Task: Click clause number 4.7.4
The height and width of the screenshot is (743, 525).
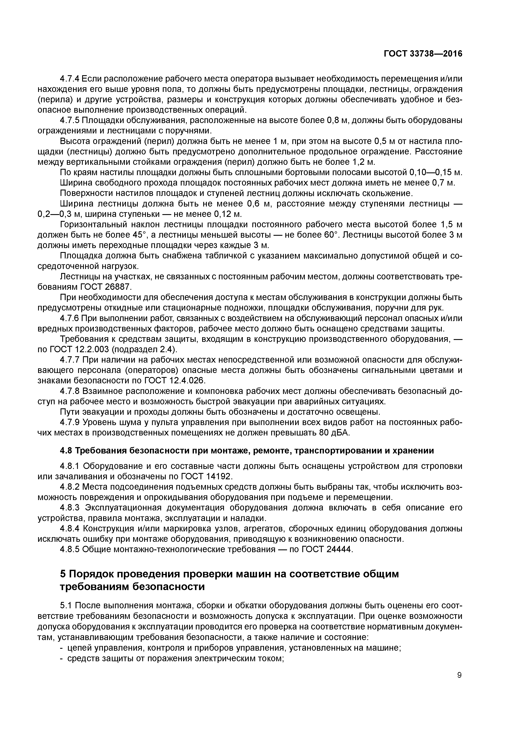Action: [70, 79]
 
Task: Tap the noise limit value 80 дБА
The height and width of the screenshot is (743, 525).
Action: [334, 433]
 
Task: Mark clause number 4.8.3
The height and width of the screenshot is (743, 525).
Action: [70, 507]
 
